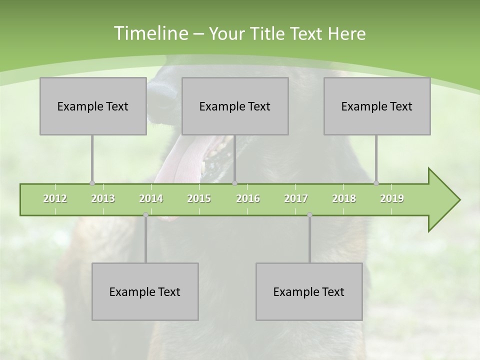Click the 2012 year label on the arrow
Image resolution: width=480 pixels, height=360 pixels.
click(55, 198)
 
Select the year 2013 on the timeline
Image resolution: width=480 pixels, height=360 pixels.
click(103, 198)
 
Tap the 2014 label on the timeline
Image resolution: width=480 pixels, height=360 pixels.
click(151, 198)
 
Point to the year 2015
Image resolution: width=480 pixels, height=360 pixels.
click(199, 198)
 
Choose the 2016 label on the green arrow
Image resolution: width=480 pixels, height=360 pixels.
click(248, 198)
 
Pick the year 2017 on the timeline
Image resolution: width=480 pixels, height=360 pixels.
click(296, 198)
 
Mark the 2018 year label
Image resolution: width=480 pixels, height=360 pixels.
click(344, 198)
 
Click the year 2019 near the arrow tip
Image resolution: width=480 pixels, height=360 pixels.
click(392, 198)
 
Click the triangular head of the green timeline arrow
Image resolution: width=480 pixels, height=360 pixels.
click(442, 200)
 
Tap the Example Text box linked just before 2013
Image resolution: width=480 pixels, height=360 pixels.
click(92, 106)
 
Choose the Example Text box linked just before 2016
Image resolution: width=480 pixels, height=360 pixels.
click(234, 106)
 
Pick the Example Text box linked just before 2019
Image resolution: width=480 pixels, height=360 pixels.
click(376, 106)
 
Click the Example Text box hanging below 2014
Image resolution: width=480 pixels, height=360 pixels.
click(145, 291)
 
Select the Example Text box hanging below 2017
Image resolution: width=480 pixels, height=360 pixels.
click(309, 291)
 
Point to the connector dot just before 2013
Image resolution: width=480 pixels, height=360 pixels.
click(92, 183)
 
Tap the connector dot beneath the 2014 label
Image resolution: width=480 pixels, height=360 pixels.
click(145, 214)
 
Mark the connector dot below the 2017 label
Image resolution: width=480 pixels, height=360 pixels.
click(309, 214)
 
